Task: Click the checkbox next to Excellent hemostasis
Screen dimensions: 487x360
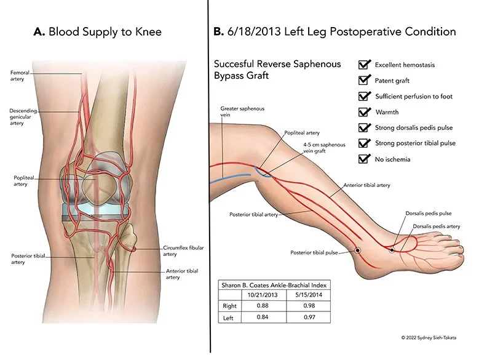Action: (363, 64)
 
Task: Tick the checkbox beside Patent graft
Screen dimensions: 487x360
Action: (363, 80)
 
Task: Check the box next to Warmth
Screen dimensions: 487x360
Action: (363, 112)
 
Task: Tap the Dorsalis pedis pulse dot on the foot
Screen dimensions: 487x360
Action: (392, 250)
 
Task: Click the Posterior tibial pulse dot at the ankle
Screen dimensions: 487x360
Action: (357, 250)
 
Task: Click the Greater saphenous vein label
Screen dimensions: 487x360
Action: (234, 112)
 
